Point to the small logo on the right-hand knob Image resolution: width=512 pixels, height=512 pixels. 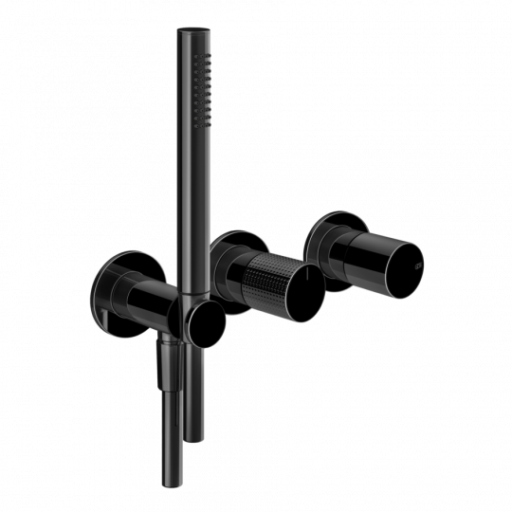point(414,255)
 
